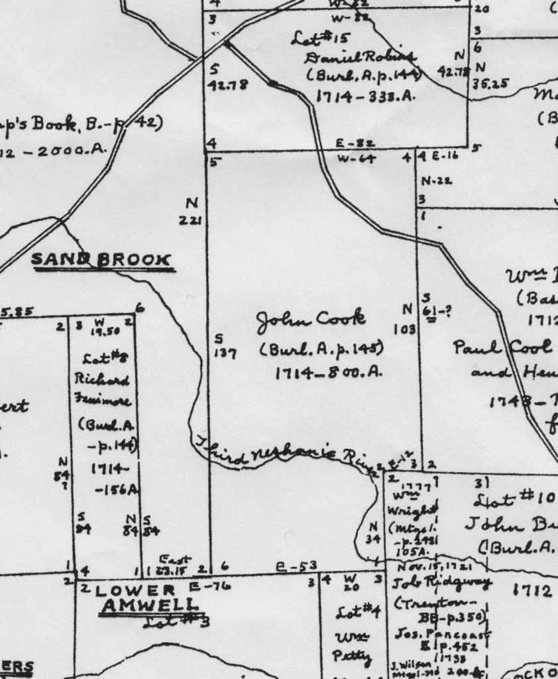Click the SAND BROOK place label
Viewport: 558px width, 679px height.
click(101, 260)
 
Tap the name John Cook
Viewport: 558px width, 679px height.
click(311, 320)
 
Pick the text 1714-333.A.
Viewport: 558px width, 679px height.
click(364, 96)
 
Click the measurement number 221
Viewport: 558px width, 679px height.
click(192, 220)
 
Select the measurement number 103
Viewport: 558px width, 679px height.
click(407, 328)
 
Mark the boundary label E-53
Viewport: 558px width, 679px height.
click(296, 566)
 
